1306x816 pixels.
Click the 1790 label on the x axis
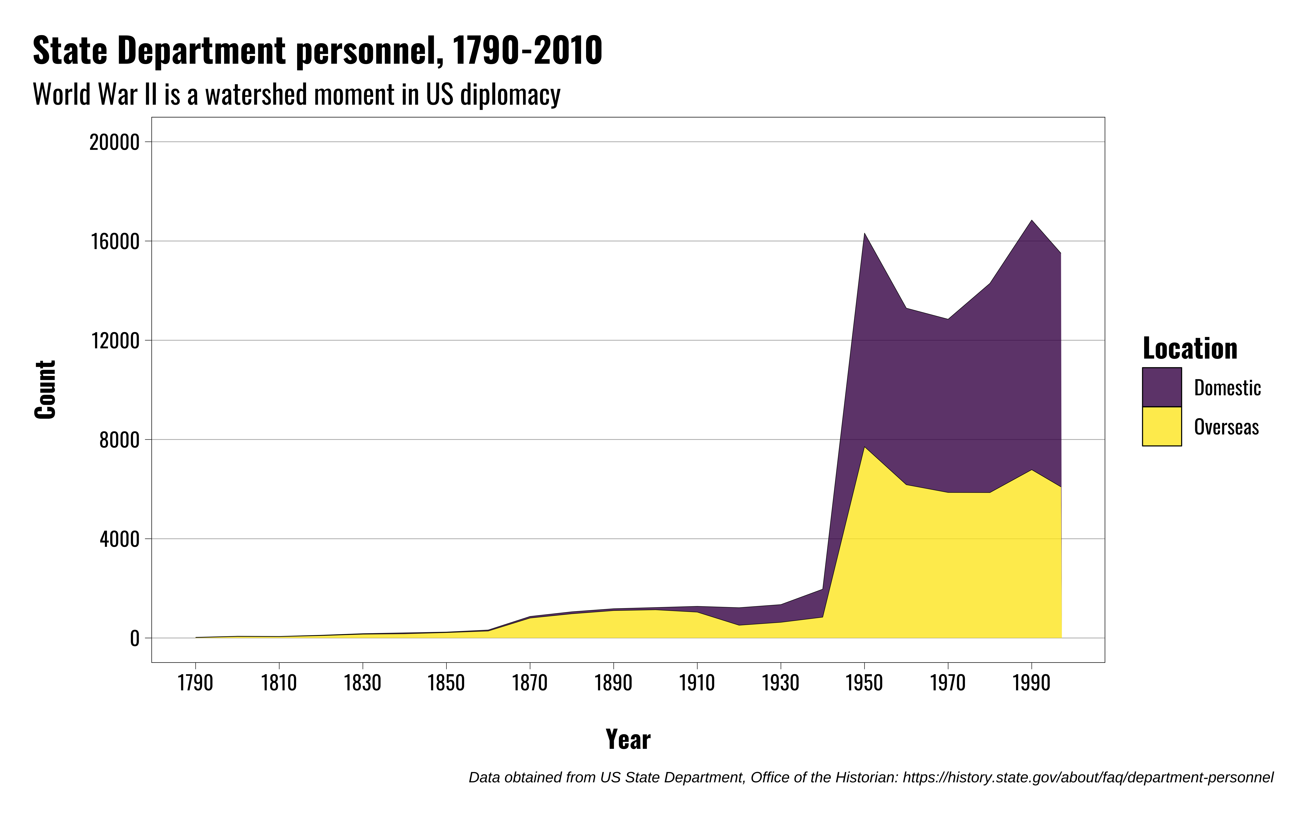[x=195, y=683]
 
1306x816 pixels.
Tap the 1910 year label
[x=697, y=683]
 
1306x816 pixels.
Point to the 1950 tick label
[x=864, y=683]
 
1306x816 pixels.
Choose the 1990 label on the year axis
[x=1031, y=683]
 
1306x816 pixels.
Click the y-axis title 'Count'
[x=45, y=390]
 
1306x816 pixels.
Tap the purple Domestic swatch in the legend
[x=1161, y=387]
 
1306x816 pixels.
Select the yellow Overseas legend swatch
[x=1161, y=426]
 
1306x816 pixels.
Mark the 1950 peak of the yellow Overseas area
[x=865, y=448]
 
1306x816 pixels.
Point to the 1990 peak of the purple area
[x=1031, y=221]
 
